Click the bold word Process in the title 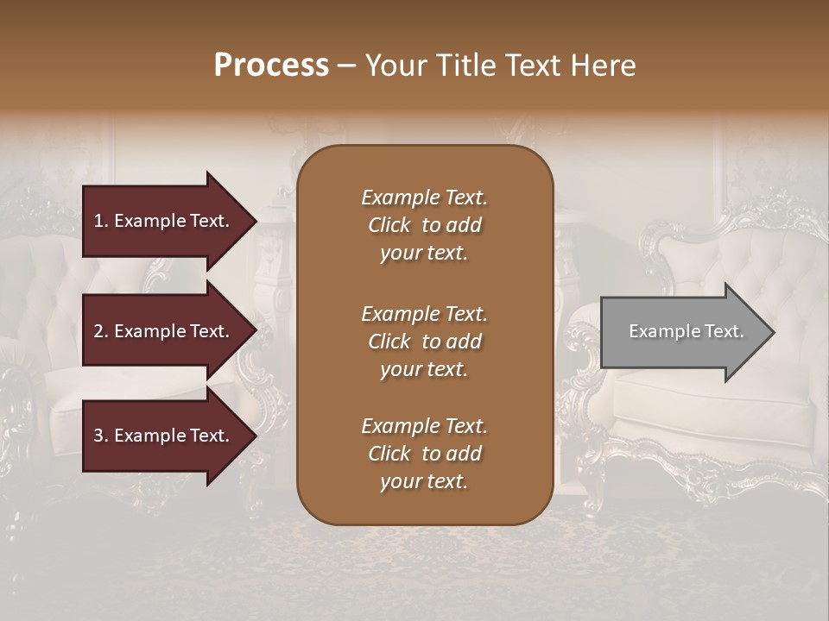(x=271, y=66)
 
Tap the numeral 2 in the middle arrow (x=98, y=331)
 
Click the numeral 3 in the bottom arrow (x=98, y=436)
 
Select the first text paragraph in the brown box (x=424, y=225)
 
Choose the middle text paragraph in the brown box (x=424, y=342)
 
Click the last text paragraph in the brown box (x=424, y=454)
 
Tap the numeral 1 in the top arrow (x=98, y=221)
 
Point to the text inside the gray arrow (x=686, y=331)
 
